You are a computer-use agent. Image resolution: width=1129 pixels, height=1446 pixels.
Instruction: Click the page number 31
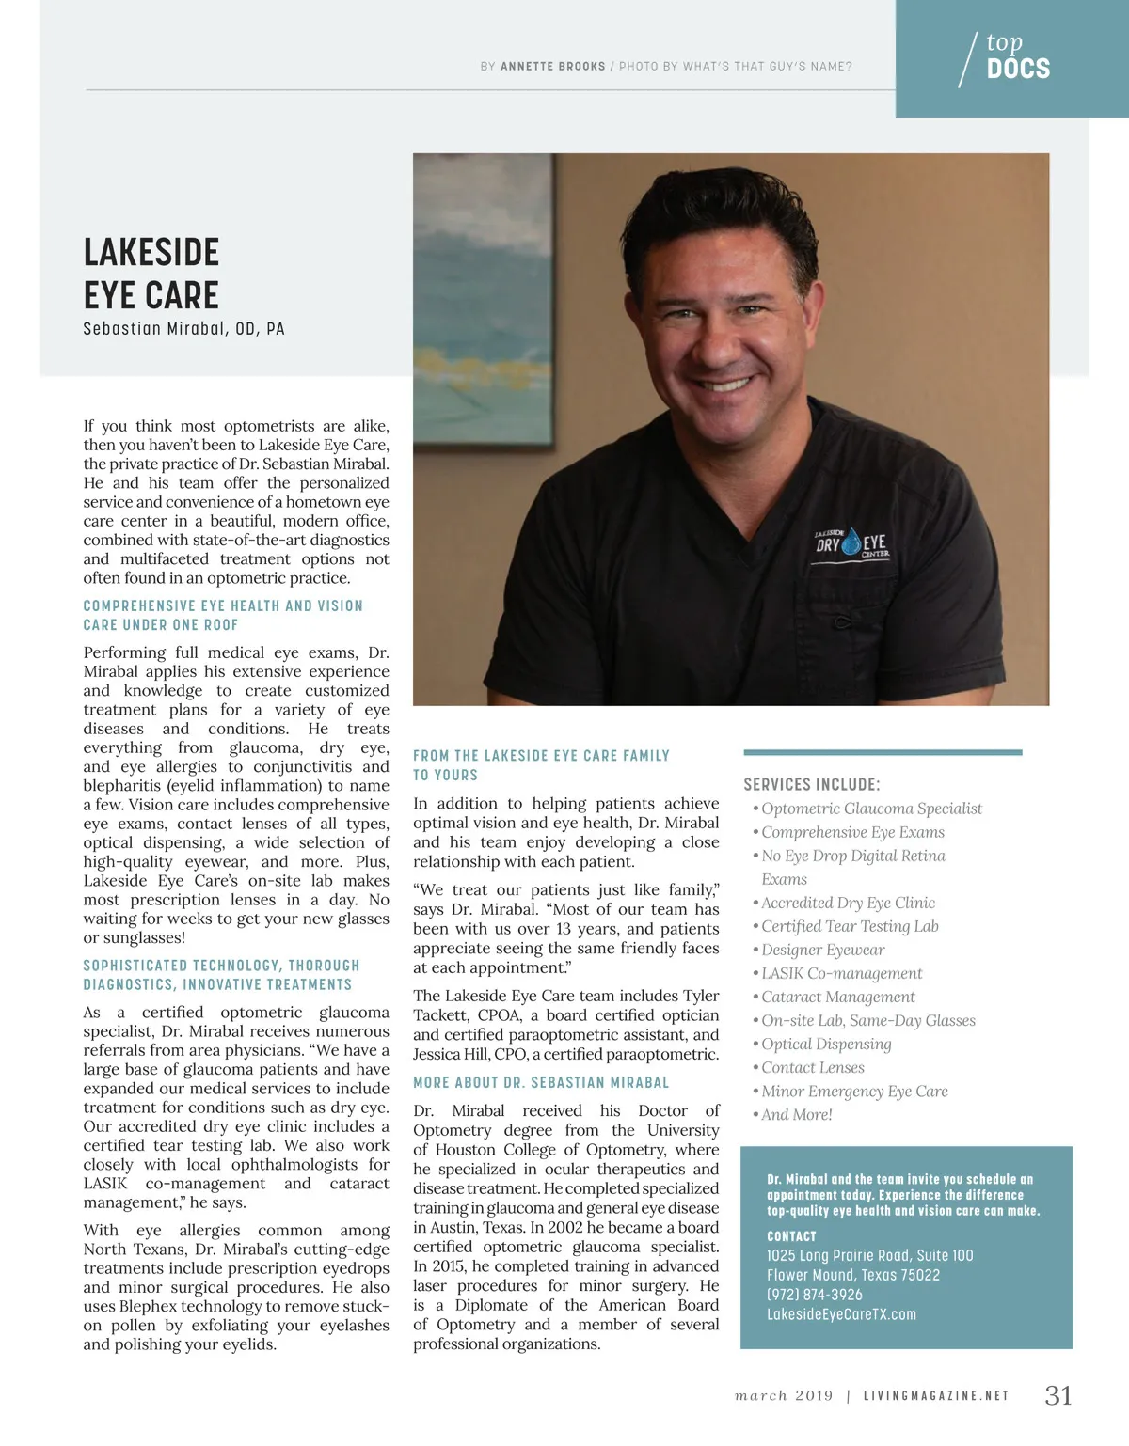(x=1058, y=1395)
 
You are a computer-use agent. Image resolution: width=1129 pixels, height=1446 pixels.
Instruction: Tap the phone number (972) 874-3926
(x=815, y=1295)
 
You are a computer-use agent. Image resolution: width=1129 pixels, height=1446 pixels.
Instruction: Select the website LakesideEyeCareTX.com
(x=841, y=1314)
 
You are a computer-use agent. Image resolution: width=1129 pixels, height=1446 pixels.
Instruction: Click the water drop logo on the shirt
(x=851, y=542)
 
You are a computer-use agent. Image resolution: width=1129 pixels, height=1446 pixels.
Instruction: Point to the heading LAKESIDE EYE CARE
(x=151, y=274)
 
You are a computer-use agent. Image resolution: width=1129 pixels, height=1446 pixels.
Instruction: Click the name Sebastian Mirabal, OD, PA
(x=183, y=329)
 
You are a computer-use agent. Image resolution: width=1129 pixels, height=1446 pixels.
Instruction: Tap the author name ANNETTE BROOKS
(x=553, y=67)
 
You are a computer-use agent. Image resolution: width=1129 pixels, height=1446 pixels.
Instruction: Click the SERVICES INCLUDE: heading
(x=812, y=785)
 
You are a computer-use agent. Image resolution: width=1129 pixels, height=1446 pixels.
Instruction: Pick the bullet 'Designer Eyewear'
(x=822, y=950)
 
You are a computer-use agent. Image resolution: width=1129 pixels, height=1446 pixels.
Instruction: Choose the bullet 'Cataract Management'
(x=837, y=997)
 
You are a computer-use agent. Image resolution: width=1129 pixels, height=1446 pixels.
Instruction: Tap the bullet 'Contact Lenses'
(x=812, y=1067)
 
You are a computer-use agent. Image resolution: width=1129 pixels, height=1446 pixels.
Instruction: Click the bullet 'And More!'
(x=796, y=1114)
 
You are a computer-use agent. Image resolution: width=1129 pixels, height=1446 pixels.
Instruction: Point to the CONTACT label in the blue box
(x=791, y=1236)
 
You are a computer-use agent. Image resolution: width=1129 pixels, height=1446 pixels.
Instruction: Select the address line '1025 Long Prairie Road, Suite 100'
(x=869, y=1255)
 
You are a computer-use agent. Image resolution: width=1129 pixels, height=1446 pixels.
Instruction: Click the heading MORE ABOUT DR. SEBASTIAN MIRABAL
(x=541, y=1083)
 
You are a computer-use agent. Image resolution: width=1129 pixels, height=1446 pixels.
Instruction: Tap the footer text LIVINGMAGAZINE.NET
(x=936, y=1396)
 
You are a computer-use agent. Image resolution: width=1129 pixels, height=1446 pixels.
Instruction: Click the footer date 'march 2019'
(x=784, y=1396)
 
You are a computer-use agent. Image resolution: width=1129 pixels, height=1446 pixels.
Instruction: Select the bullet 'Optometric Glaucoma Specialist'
(x=871, y=809)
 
